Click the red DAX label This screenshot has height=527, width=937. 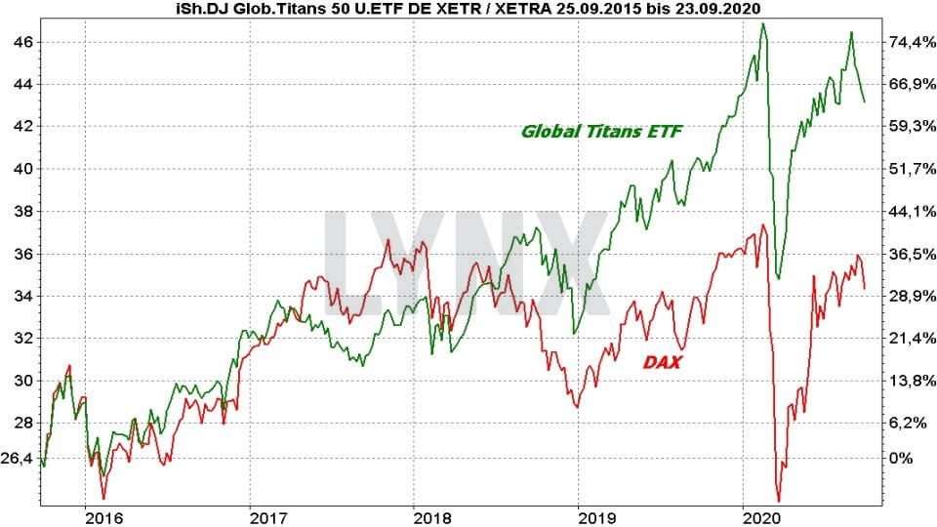point(663,362)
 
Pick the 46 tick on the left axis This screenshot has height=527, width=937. point(22,42)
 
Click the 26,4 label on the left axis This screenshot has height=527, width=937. point(19,458)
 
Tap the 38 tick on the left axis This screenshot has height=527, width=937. point(22,211)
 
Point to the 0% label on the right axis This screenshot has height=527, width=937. point(905,458)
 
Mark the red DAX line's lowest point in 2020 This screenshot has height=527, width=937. point(779,499)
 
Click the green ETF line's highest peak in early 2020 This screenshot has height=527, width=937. point(762,23)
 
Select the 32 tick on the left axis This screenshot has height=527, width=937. point(22,338)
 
